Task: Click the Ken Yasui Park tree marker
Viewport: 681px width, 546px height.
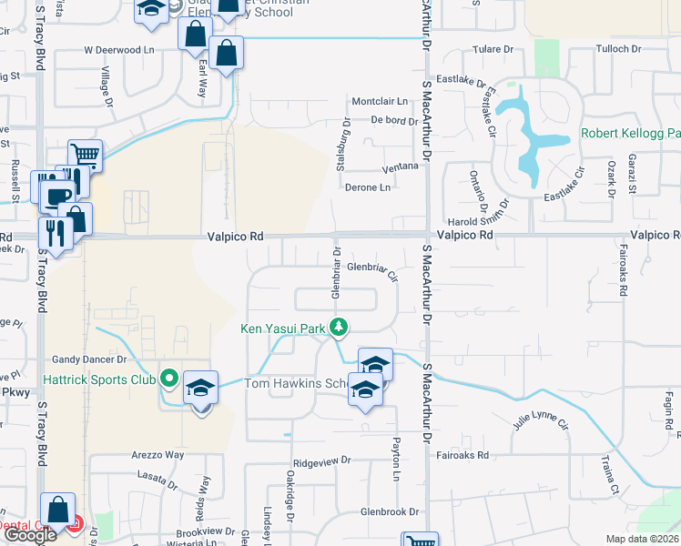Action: pyautogui.click(x=339, y=326)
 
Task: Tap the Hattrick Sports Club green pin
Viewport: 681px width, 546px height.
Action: pyautogui.click(x=168, y=377)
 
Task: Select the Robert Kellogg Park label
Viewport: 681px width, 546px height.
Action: pyautogui.click(x=630, y=135)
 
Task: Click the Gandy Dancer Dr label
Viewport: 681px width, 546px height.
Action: pyautogui.click(x=87, y=360)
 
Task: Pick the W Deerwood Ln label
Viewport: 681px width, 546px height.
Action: pyautogui.click(x=117, y=49)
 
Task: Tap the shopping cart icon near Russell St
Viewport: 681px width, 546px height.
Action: pyautogui.click(x=84, y=155)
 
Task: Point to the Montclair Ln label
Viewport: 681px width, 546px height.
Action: pyautogui.click(x=379, y=101)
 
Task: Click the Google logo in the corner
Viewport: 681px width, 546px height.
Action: pyautogui.click(x=29, y=535)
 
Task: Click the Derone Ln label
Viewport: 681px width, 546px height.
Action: pyautogui.click(x=368, y=187)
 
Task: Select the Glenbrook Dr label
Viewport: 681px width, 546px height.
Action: pyautogui.click(x=389, y=512)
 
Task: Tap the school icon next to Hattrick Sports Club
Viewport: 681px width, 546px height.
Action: pyautogui.click(x=200, y=388)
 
